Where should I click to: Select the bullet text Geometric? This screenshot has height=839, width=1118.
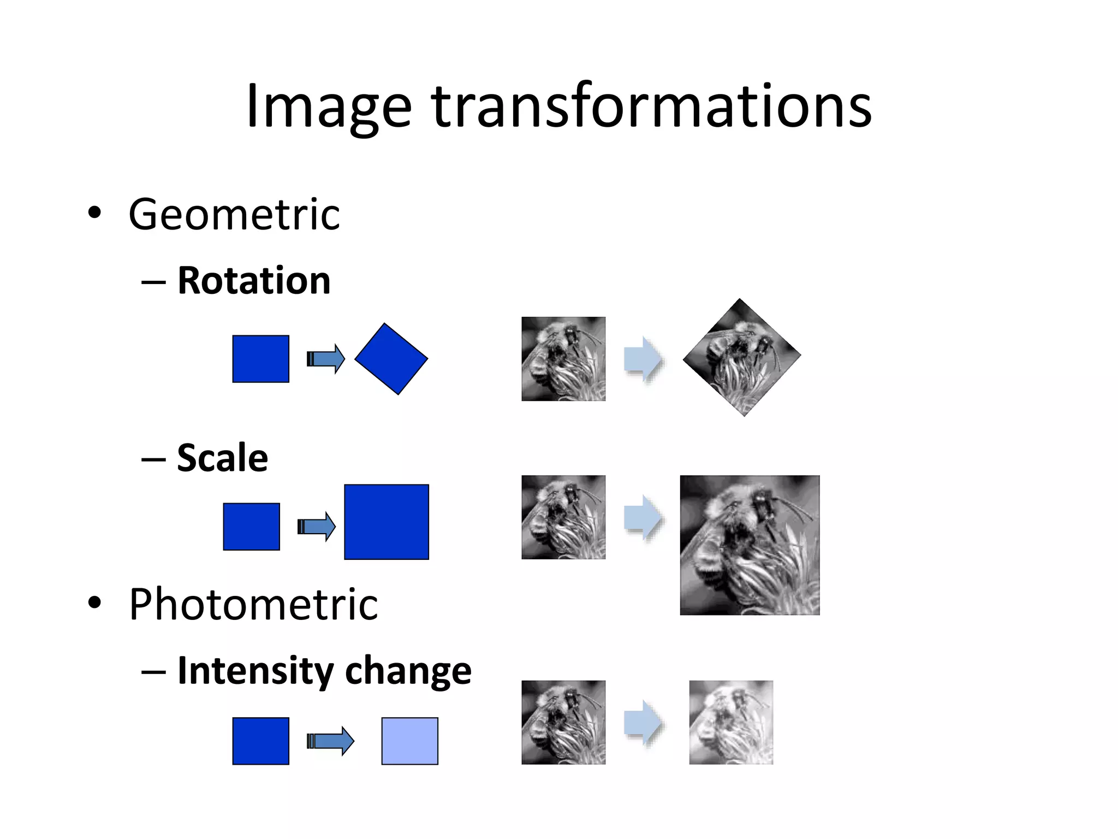(x=234, y=214)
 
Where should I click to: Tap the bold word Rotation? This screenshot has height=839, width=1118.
(x=254, y=281)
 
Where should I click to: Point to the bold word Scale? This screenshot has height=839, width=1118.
(x=223, y=458)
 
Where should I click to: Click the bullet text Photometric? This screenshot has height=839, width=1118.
(x=253, y=604)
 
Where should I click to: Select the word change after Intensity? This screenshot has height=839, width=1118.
(x=409, y=671)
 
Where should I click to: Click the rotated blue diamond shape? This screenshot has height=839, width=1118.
(x=391, y=359)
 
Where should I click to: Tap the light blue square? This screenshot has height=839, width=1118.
(x=409, y=741)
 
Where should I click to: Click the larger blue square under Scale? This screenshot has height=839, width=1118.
(x=386, y=522)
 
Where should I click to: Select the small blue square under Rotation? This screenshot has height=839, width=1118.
(x=260, y=359)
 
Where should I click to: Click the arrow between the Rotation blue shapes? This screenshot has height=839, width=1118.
(x=326, y=359)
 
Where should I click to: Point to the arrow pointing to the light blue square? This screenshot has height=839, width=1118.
(x=330, y=741)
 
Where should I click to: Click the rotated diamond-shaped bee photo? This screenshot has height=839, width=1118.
(x=741, y=357)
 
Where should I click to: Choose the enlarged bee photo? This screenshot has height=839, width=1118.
(x=750, y=545)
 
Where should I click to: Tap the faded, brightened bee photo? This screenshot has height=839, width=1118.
(x=731, y=722)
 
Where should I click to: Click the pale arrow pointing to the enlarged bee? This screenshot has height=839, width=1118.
(x=644, y=517)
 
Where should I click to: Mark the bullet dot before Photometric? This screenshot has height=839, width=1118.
(x=94, y=602)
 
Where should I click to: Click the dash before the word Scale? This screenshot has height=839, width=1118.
(x=153, y=459)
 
